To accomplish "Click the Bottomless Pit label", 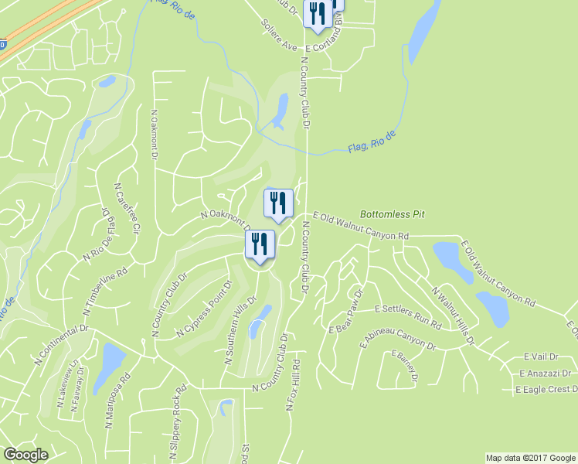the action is [x=393, y=214].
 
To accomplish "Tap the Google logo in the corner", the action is [x=26, y=455].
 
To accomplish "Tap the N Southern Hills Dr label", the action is [x=240, y=329].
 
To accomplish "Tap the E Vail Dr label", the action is [x=540, y=357].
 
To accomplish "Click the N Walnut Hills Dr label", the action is [x=453, y=316].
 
